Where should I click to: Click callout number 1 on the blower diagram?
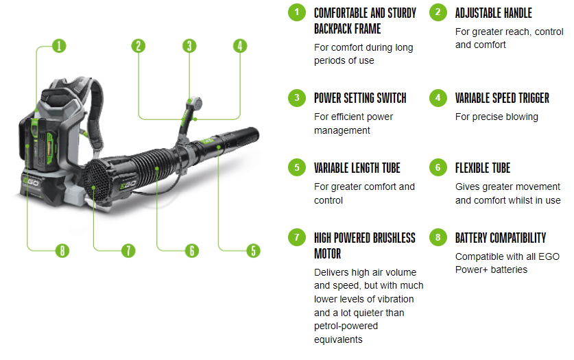click(59, 46)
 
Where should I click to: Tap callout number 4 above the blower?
click(240, 46)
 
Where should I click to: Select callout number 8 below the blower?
click(62, 250)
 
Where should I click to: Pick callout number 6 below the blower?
click(192, 250)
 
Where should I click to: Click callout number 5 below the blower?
click(253, 250)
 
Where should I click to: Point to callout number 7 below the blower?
click(128, 250)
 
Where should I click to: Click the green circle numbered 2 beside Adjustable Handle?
click(438, 12)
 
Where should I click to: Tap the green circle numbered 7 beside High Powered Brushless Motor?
click(297, 237)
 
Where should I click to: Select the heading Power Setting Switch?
click(360, 98)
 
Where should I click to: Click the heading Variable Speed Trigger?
click(502, 98)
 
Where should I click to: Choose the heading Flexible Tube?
click(483, 168)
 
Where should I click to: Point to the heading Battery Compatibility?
click(501, 238)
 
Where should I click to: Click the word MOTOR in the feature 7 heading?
click(328, 254)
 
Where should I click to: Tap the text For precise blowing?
click(497, 117)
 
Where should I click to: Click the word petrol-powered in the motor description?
click(346, 326)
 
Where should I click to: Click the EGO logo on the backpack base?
click(31, 182)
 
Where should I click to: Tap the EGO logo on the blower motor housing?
click(128, 184)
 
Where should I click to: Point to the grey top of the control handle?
click(194, 103)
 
